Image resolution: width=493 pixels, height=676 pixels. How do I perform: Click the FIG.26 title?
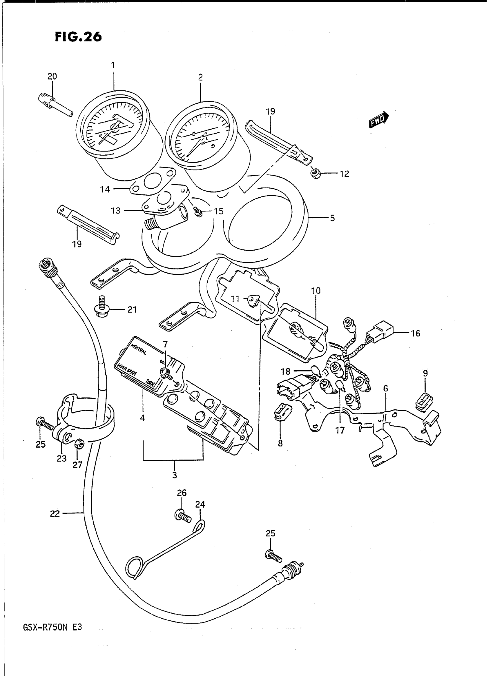79,37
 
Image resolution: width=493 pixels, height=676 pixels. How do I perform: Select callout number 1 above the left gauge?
113,65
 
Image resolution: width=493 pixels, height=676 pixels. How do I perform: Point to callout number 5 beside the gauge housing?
332,218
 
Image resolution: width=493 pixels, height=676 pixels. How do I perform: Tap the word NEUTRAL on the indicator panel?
138,349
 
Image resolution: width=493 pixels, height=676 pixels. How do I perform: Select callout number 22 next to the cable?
55,513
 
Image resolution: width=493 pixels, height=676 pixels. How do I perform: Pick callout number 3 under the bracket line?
175,475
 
